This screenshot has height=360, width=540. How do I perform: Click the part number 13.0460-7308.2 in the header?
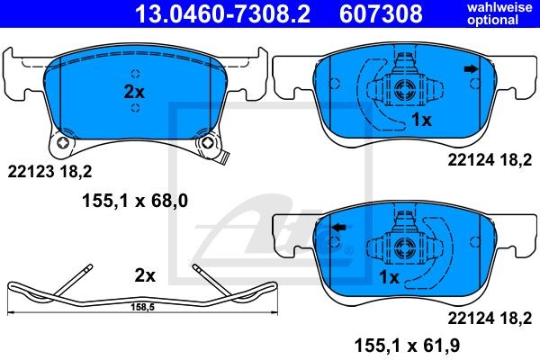tap(222, 13)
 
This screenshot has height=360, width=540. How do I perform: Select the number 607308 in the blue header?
tap(381, 13)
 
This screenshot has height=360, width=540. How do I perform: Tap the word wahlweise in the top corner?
tap(499, 7)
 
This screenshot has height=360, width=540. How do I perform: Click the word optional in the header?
tap(493, 20)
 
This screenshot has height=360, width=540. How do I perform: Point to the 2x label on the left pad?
tap(134, 92)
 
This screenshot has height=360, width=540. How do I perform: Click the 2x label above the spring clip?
tap(145, 275)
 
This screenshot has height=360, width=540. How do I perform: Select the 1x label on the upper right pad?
tap(421, 120)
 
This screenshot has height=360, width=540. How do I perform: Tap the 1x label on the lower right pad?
tap(389, 277)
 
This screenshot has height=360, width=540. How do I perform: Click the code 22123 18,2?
tap(49, 171)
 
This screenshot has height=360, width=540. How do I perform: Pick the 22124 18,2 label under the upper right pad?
tap(490, 160)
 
